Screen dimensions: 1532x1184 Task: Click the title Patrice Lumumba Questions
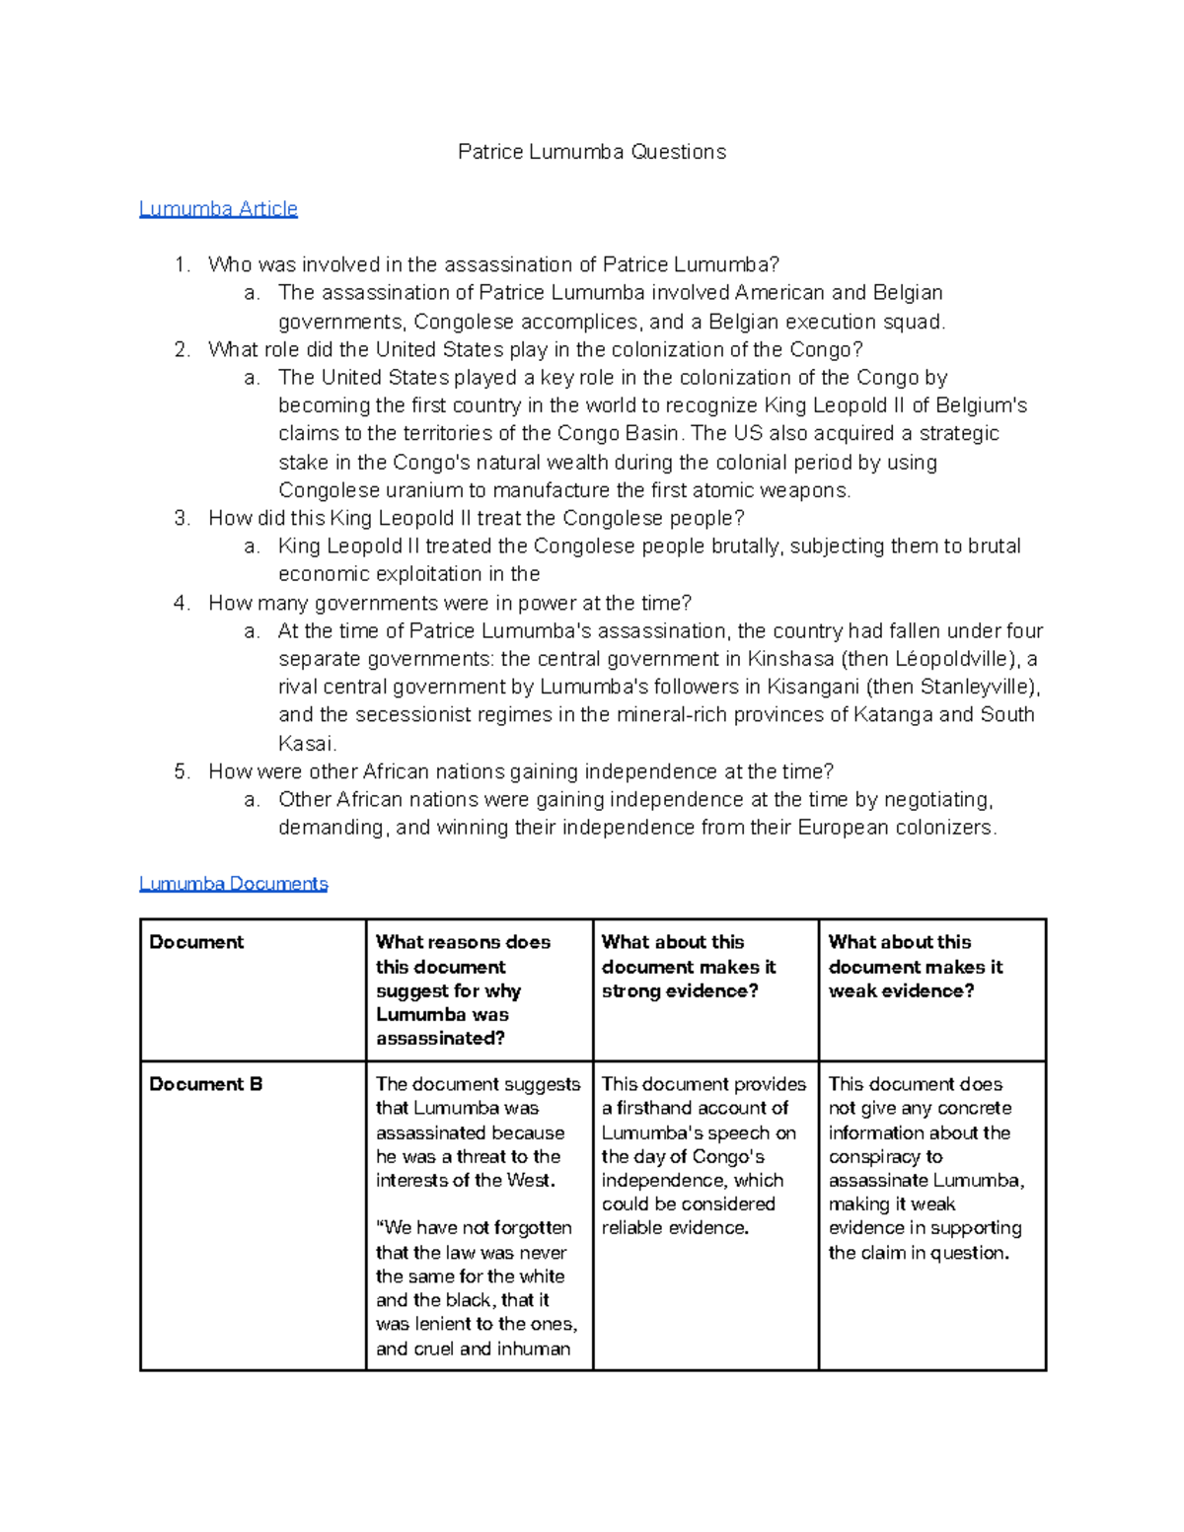(x=592, y=152)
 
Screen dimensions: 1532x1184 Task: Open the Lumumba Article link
(x=218, y=209)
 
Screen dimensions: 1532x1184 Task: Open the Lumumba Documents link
(x=233, y=884)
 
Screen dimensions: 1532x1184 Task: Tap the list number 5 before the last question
(x=181, y=771)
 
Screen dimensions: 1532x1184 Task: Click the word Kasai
(x=306, y=744)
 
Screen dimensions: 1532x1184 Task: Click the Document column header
(x=196, y=942)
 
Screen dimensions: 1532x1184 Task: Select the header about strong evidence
(x=689, y=967)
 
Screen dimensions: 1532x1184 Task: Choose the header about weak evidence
(x=915, y=967)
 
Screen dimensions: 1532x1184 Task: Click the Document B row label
(x=206, y=1084)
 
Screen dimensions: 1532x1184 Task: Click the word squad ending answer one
(x=919, y=322)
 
